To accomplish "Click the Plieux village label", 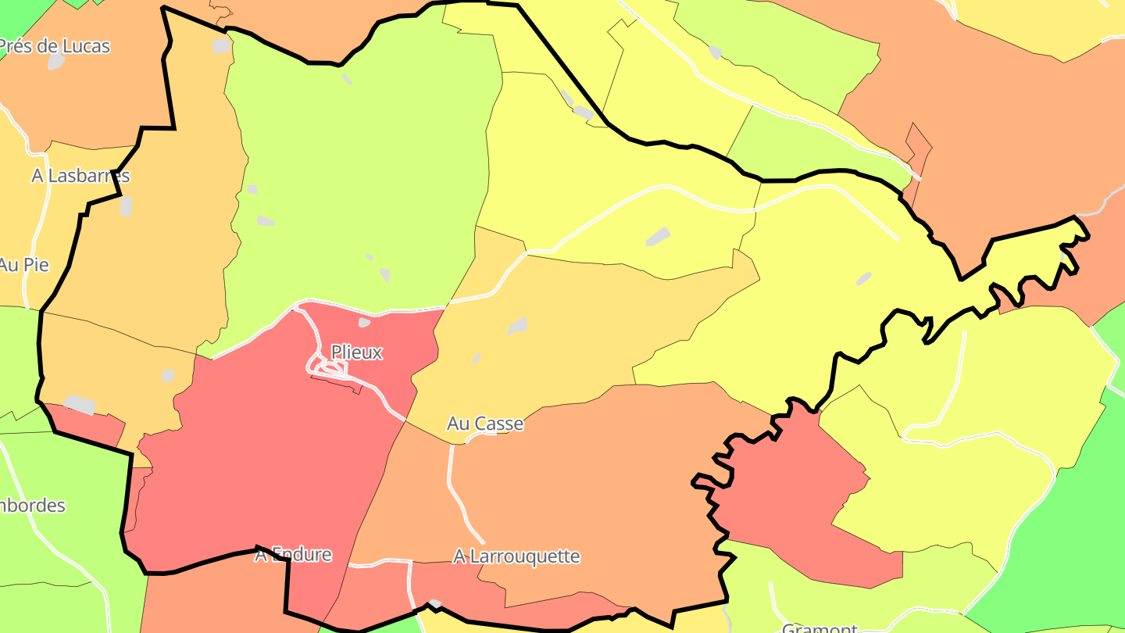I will (357, 352).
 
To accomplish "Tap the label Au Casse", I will (484, 424).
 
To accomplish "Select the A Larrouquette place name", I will (516, 556).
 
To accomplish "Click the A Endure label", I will (293, 555).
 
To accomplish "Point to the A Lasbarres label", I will (80, 176).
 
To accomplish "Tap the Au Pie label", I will (23, 265).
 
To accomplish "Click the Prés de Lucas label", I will (55, 46).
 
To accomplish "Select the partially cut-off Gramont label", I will (820, 628).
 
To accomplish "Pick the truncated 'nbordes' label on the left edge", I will (32, 506).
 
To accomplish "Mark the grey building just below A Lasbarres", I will (126, 206).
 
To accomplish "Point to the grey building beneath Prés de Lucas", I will (55, 62).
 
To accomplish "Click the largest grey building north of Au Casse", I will (517, 326).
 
